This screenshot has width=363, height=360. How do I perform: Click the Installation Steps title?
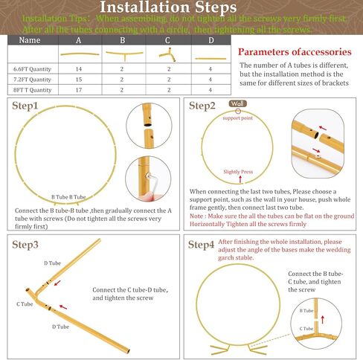(181, 9)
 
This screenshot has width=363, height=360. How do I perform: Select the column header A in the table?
(80, 40)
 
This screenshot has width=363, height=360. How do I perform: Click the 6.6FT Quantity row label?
(33, 68)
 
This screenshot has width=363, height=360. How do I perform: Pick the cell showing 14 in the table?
(79, 68)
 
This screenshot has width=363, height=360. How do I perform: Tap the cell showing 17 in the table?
(79, 89)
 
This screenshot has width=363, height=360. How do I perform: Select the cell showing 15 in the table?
(79, 78)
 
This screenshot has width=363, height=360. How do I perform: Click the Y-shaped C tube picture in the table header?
(169, 54)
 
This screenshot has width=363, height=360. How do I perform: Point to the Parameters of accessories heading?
(294, 52)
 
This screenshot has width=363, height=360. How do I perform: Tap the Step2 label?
(202, 106)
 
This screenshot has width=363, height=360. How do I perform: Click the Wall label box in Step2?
(237, 103)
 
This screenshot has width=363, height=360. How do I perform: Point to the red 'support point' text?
(239, 117)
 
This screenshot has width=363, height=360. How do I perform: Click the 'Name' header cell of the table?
(29, 40)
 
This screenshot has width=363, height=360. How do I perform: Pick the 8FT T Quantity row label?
(33, 89)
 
